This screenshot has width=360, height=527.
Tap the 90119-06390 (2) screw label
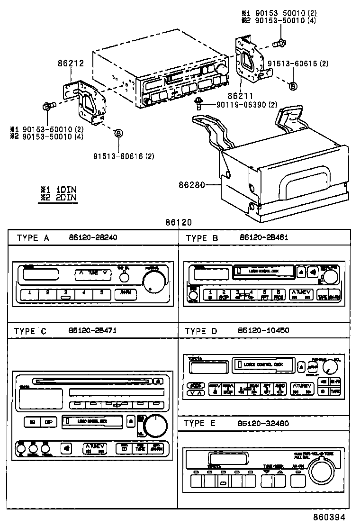(x=244, y=105)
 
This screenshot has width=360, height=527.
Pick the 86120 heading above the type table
(x=179, y=222)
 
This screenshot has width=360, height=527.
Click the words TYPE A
(x=33, y=238)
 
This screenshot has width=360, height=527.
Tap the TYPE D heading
(x=201, y=330)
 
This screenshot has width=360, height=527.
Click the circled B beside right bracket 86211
(x=293, y=85)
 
